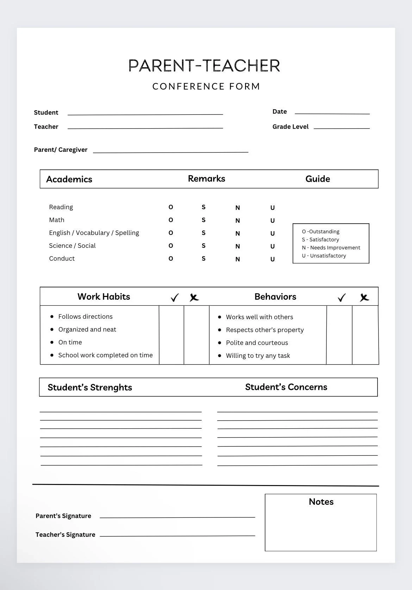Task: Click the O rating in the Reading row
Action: [x=171, y=207]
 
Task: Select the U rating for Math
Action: [x=273, y=221]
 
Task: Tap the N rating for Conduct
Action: [x=238, y=259]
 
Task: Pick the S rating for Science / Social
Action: [x=204, y=246]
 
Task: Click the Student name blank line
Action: [x=145, y=113]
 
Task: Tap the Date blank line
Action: [x=332, y=113]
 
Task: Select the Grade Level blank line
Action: [x=342, y=128]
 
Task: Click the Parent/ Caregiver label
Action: [x=61, y=150]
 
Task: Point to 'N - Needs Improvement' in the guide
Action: [x=331, y=248]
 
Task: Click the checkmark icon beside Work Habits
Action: [x=175, y=298]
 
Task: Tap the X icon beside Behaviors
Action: [x=364, y=298]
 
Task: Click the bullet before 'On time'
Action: [x=52, y=342]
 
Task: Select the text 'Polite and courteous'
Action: [x=257, y=343]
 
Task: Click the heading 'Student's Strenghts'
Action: [x=90, y=387]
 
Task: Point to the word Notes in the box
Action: [x=321, y=502]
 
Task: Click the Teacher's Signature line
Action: [x=177, y=535]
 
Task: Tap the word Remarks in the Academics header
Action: [x=206, y=179]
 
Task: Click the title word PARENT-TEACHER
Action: [x=204, y=66]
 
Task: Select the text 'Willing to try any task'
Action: [x=258, y=356]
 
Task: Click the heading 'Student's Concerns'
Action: [x=286, y=387]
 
